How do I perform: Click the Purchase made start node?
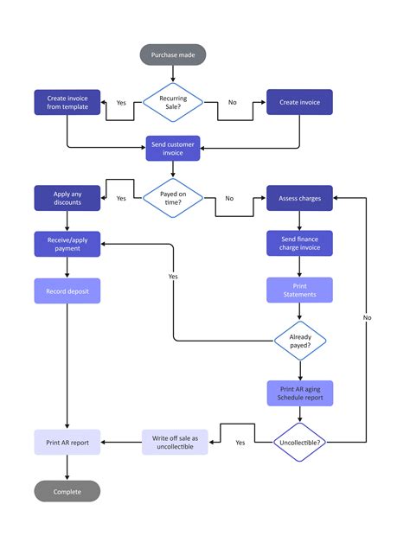pyautogui.click(x=173, y=55)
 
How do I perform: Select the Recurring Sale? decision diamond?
pyautogui.click(x=173, y=102)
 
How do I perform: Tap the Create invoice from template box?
pyautogui.click(x=67, y=102)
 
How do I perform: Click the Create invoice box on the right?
pyautogui.click(x=298, y=102)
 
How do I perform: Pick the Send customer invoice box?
pyautogui.click(x=173, y=148)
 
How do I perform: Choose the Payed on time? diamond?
pyautogui.click(x=173, y=198)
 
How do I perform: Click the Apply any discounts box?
pyautogui.click(x=67, y=198)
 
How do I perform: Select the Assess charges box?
pyautogui.click(x=298, y=198)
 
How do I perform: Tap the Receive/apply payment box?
pyautogui.click(x=67, y=244)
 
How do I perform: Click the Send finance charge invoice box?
pyautogui.click(x=298, y=244)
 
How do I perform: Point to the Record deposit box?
pyautogui.click(x=67, y=290)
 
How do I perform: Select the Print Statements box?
pyautogui.click(x=298, y=290)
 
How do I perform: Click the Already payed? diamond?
pyautogui.click(x=299, y=341)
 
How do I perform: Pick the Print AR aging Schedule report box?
pyautogui.click(x=299, y=393)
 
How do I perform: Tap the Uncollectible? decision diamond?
pyautogui.click(x=299, y=443)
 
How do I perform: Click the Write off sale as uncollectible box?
pyautogui.click(x=175, y=443)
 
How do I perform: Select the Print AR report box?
pyautogui.click(x=67, y=443)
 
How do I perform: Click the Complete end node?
pyautogui.click(x=67, y=491)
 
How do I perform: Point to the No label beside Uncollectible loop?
pyautogui.click(x=368, y=317)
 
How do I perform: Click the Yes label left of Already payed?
pyautogui.click(x=173, y=277)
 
